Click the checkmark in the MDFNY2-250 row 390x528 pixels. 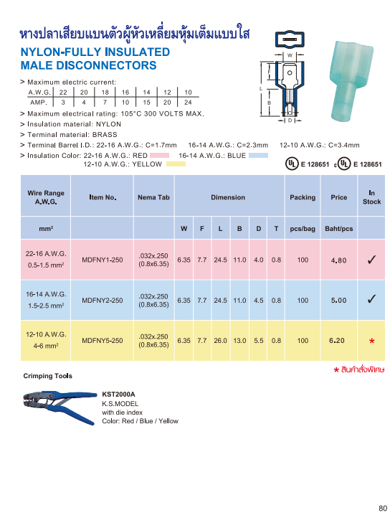(371, 300)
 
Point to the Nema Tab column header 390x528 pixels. (153, 197)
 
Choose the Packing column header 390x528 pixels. (302, 197)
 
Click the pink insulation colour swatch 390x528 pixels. (159, 155)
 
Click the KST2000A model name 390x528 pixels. (118, 395)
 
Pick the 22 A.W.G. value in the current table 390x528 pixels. (63, 93)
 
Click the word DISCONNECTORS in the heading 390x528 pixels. (110, 65)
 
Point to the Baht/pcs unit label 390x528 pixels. (338, 229)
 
